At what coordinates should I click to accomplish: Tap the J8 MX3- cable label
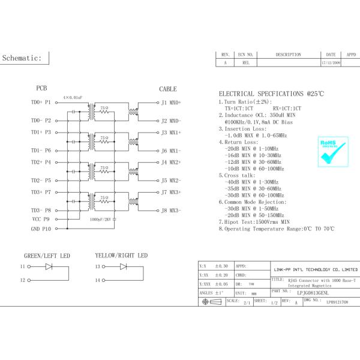coord(171,211)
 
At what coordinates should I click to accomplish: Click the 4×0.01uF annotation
coord(74,96)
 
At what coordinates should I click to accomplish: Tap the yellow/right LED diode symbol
coord(123,266)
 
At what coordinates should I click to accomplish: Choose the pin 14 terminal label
coord(97,280)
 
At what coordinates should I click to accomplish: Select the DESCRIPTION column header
coord(288,55)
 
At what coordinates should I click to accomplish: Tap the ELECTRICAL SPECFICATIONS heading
coord(271,94)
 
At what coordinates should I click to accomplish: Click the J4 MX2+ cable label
coord(171,162)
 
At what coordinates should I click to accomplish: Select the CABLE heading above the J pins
coord(168,89)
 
